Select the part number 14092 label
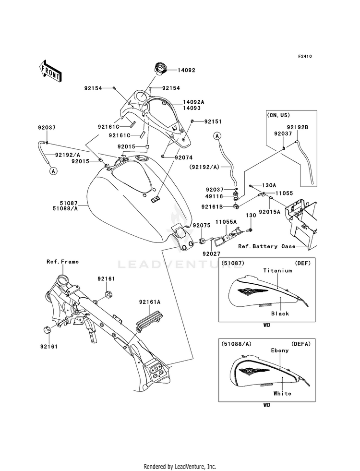point(187,70)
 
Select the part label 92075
point(201,225)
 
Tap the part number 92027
point(211,254)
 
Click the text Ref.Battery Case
point(267,246)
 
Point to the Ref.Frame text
point(62,262)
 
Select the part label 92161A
point(150,302)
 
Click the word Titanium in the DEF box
point(277,270)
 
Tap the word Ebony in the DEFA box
point(280,350)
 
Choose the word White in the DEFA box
point(282,393)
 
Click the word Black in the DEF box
point(280,314)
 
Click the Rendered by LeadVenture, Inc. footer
point(180,466)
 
